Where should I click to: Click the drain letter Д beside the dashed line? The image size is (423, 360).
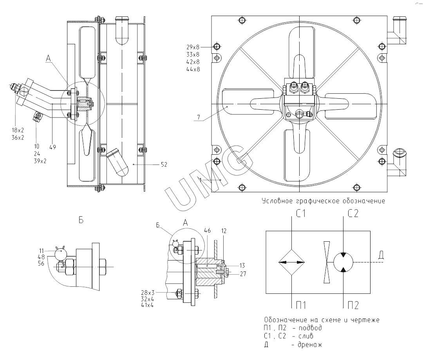381,256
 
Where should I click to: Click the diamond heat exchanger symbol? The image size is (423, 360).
292,262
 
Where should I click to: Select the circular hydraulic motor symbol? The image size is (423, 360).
343,262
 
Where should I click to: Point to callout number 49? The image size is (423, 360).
53,147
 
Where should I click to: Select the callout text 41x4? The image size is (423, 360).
148,305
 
